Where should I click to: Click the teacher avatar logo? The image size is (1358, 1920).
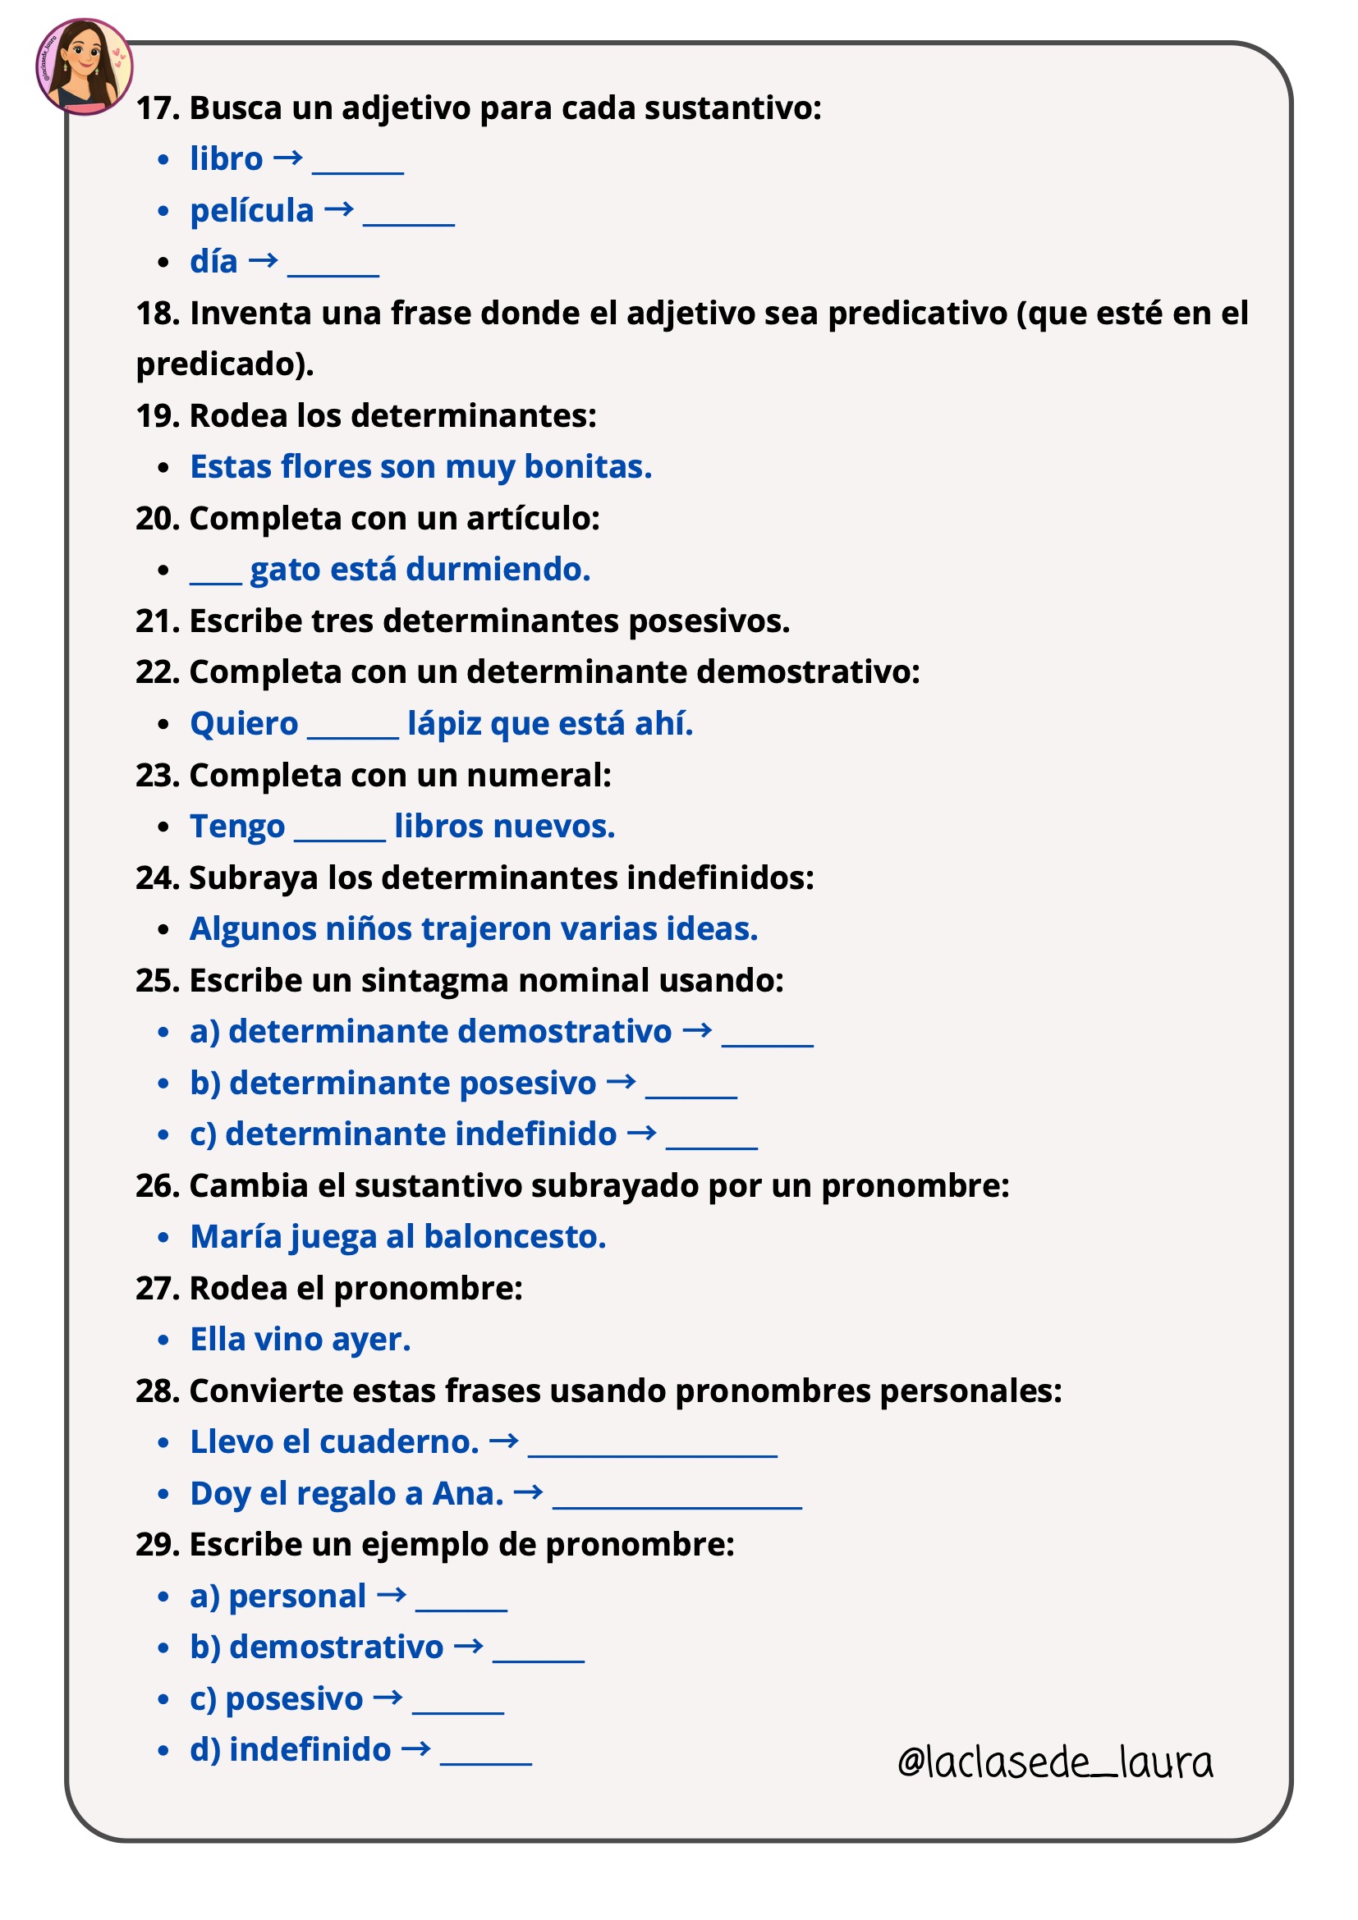84,66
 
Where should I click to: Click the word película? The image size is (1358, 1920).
252,211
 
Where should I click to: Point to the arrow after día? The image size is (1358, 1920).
263,261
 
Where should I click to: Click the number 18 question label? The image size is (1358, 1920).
157,314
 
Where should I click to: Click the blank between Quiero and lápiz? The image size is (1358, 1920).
352,731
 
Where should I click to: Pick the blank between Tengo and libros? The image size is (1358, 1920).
340,835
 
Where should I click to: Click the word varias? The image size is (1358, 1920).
608,929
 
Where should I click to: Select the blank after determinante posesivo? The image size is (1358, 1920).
690,1091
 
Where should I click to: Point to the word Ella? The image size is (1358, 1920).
218,1340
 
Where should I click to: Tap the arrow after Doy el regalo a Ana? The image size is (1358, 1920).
528,1492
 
